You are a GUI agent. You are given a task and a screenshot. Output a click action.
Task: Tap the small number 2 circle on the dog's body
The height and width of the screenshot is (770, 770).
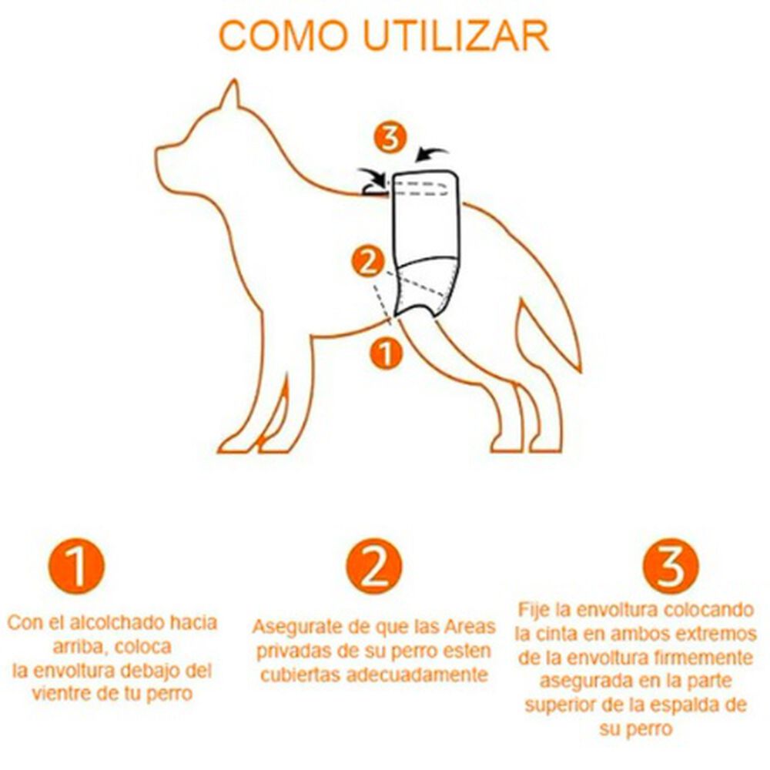369,263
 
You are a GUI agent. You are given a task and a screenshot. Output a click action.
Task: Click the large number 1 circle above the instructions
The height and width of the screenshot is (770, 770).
78,567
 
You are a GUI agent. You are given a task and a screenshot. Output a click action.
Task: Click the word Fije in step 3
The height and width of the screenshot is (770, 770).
534,610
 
